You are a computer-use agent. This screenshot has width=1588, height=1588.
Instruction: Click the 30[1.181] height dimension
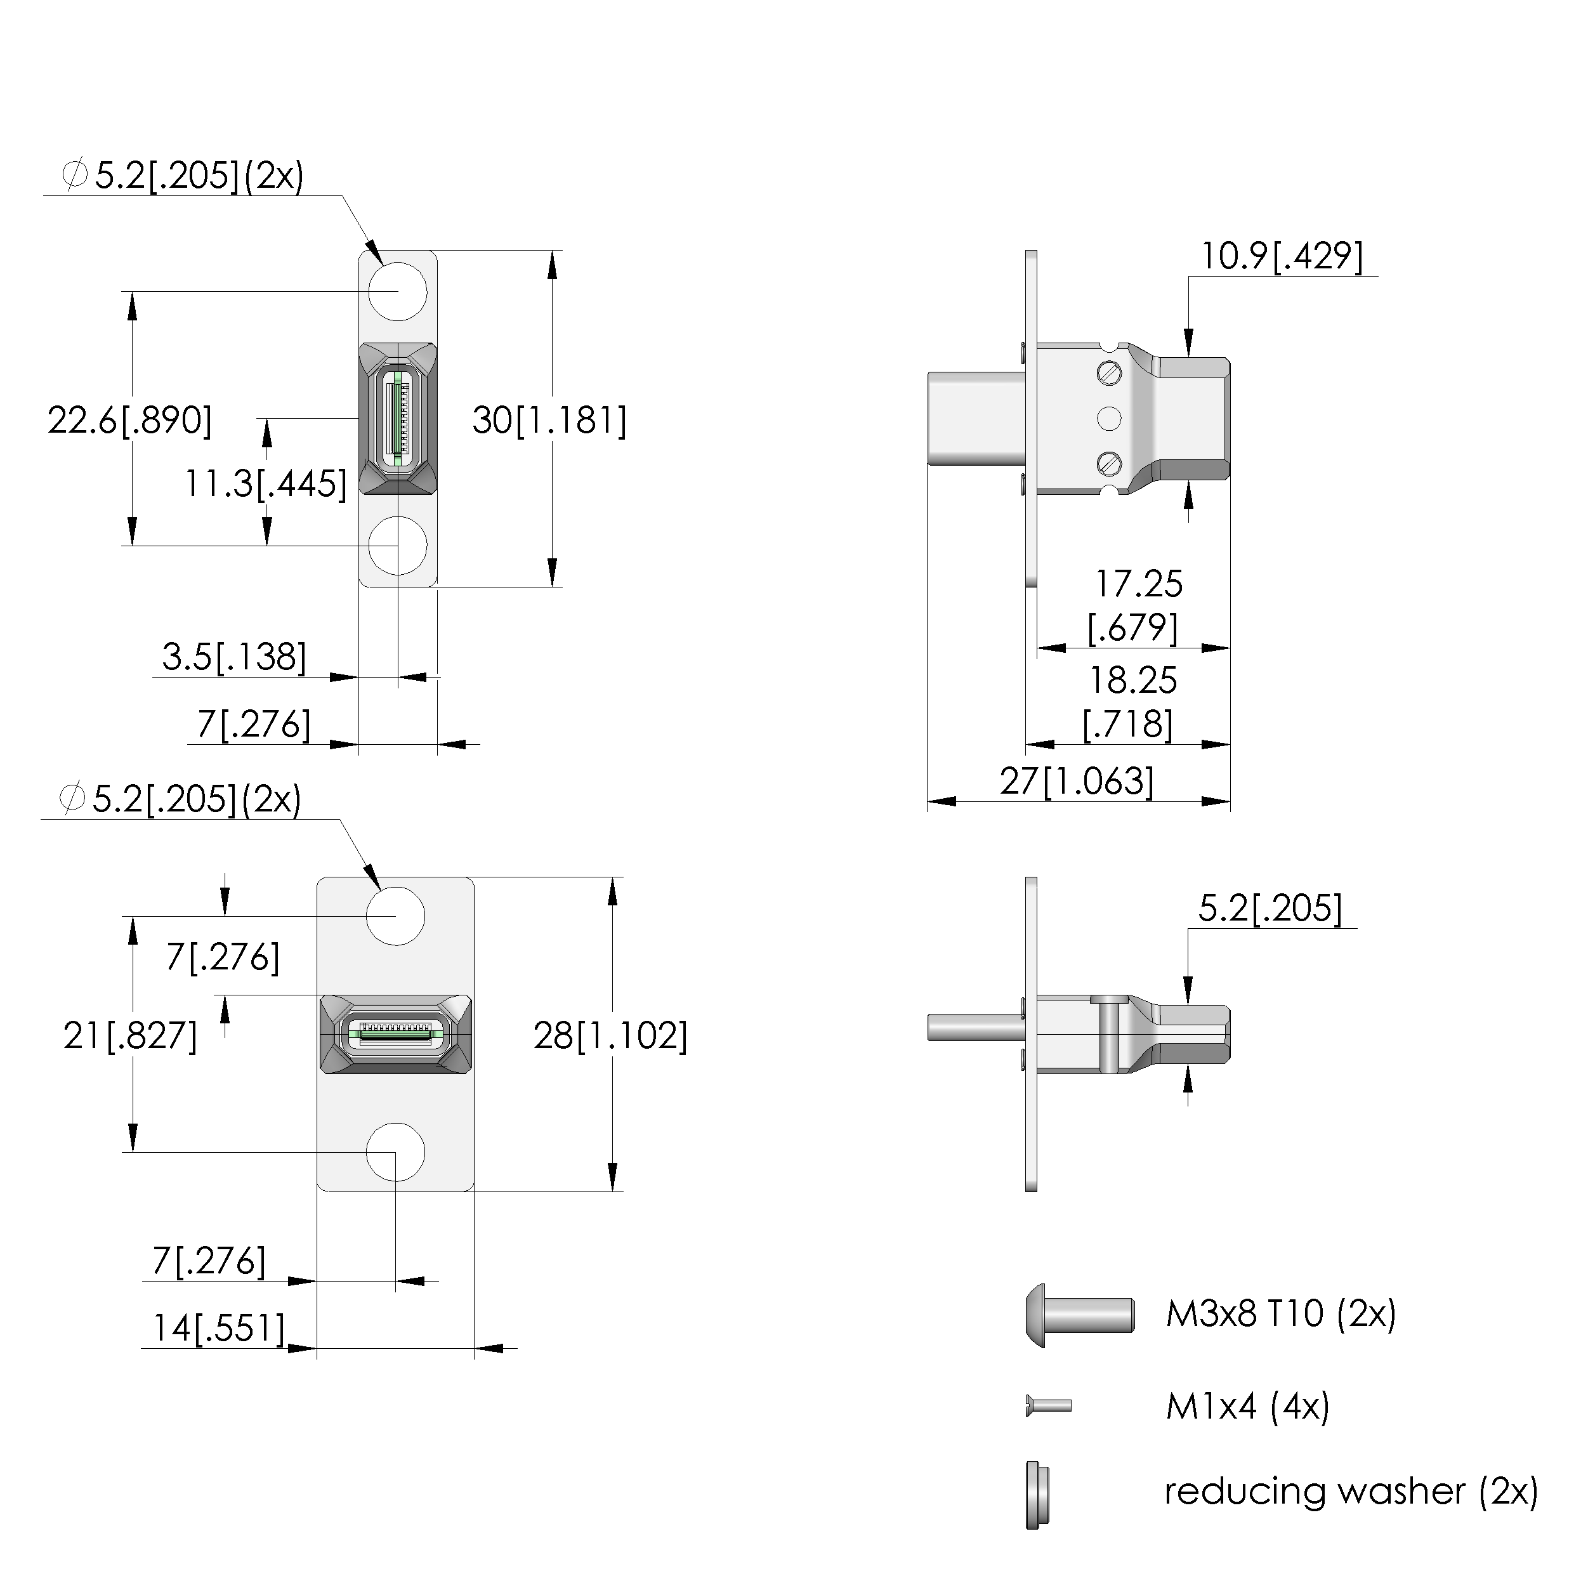pyautogui.click(x=549, y=421)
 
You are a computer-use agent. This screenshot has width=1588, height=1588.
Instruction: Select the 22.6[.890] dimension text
pyautogui.click(x=129, y=421)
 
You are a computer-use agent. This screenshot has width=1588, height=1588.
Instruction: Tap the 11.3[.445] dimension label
pyautogui.click(x=265, y=483)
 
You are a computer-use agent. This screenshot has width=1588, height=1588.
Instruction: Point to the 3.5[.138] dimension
pyautogui.click(x=234, y=657)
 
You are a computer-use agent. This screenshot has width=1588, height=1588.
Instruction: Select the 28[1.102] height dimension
pyautogui.click(x=610, y=1035)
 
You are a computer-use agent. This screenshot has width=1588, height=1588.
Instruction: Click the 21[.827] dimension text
pyautogui.click(x=130, y=1035)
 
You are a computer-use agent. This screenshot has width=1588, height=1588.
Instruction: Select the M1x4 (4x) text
pyautogui.click(x=1247, y=1407)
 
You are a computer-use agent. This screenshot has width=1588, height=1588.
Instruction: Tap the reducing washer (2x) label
pyautogui.click(x=1351, y=1491)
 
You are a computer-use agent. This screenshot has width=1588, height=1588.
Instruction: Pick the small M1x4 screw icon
pyautogui.click(x=1049, y=1405)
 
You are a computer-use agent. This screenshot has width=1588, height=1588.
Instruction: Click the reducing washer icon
pyautogui.click(x=1037, y=1494)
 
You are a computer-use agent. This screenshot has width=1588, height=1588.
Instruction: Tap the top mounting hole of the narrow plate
pyautogui.click(x=398, y=291)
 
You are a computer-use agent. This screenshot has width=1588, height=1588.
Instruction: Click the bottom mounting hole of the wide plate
pyautogui.click(x=395, y=1152)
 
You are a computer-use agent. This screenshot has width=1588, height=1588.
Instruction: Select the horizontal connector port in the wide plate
pyautogui.click(x=395, y=1034)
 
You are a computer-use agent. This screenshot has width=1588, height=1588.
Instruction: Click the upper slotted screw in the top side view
pyautogui.click(x=1110, y=374)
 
